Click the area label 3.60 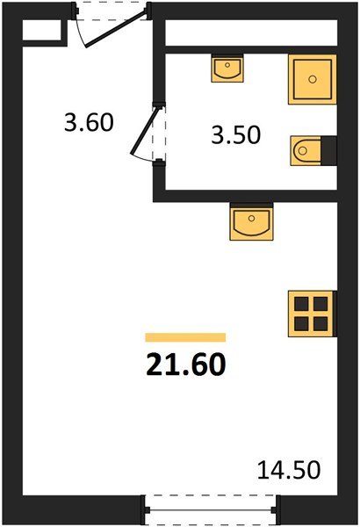[89, 122]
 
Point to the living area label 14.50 [289, 469]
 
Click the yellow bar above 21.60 [185, 336]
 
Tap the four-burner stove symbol [313, 314]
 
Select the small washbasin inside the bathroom [229, 69]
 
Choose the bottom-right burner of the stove [321, 322]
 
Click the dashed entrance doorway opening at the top [112, 11]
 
